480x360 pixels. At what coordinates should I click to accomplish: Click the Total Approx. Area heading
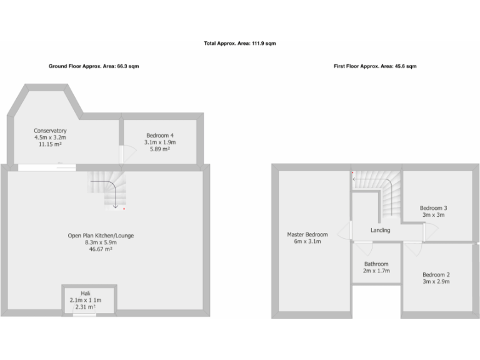pyautogui.click(x=240, y=44)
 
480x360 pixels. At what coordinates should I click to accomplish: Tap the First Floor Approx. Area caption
pyautogui.click(x=375, y=66)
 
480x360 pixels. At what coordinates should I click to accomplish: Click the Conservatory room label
pyautogui.click(x=50, y=131)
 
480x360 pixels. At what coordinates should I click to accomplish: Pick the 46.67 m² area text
pyautogui.click(x=101, y=249)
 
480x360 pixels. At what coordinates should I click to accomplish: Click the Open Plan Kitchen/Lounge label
pyautogui.click(x=101, y=236)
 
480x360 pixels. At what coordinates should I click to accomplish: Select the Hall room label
pyautogui.click(x=86, y=293)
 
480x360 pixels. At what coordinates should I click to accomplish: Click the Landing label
pyautogui.click(x=380, y=230)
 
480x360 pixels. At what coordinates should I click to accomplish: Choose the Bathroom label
pyautogui.click(x=376, y=264)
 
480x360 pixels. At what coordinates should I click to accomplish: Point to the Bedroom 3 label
pyautogui.click(x=433, y=208)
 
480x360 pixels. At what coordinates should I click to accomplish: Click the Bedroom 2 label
pyautogui.click(x=436, y=275)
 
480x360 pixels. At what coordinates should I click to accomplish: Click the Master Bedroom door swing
pyautogui.click(x=342, y=229)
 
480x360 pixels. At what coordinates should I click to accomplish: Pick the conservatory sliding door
pyautogui.click(x=47, y=167)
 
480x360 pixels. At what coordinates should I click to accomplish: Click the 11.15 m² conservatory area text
pyautogui.click(x=50, y=144)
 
